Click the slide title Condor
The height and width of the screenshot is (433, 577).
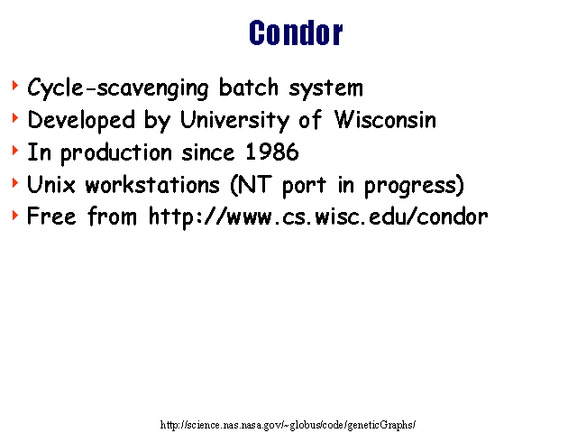pos(296,33)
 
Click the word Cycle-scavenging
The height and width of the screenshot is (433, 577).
pos(118,88)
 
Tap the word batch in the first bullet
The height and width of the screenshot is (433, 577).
pos(249,88)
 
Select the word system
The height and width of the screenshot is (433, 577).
pos(325,89)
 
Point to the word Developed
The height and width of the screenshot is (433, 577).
pos(81,120)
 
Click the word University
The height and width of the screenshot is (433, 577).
pos(234,120)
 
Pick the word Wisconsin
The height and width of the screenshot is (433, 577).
pos(385,119)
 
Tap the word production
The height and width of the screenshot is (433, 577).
pos(116,152)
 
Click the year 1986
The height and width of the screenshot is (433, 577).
pos(272,152)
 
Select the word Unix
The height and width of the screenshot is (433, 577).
pos(51,184)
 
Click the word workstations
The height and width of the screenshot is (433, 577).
pos(152,184)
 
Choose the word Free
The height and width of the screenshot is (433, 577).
pos(51,216)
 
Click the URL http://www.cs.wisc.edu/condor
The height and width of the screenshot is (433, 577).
pos(318,217)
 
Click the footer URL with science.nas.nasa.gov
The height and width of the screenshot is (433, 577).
pos(288,425)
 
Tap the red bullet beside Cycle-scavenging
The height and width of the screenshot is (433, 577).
pos(15,86)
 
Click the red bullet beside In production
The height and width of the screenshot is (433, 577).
pos(15,151)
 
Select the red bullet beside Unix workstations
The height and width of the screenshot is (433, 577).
pos(15,183)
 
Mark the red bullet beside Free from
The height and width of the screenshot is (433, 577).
pos(15,216)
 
